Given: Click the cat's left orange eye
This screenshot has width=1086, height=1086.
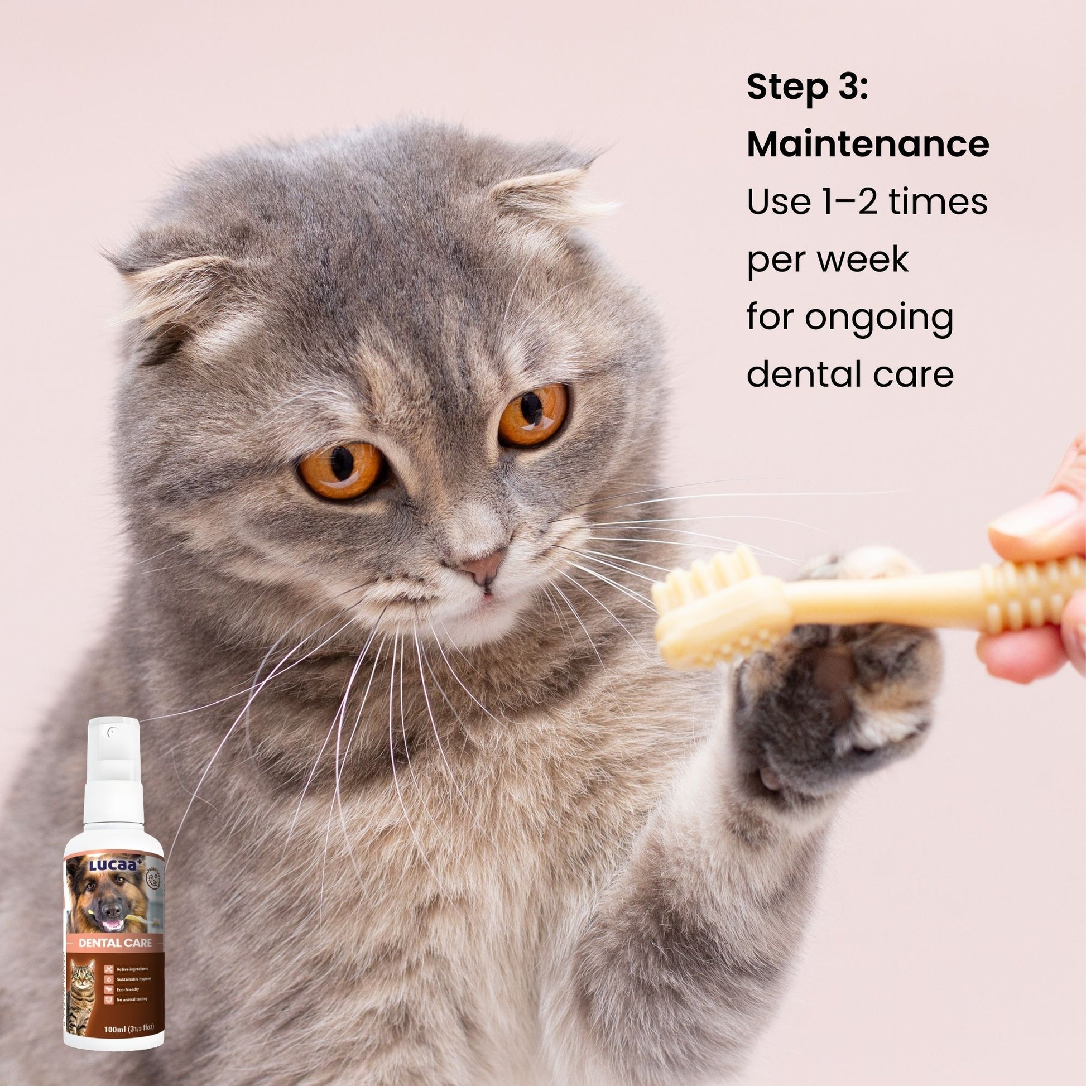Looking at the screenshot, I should click(341, 470).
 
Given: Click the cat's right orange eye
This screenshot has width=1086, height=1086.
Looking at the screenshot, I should click(533, 415).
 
